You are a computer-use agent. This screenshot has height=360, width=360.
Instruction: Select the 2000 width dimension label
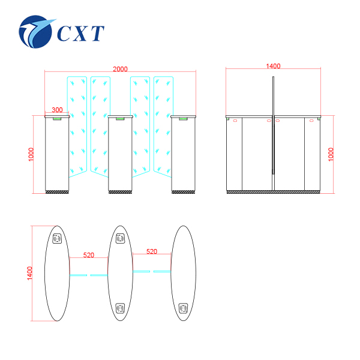[120, 69]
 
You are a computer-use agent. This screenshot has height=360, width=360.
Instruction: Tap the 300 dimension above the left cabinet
[57, 110]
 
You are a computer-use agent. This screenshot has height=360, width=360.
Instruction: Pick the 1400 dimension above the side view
[273, 66]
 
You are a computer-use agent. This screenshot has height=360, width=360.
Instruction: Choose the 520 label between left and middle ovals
[89, 255]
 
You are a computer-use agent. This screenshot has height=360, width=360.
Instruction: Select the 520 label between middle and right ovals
[151, 252]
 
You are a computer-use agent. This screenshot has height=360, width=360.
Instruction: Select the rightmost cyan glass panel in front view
[163, 126]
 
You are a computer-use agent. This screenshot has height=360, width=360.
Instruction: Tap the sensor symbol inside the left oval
[58, 239]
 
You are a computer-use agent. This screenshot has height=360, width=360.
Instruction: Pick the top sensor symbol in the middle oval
[120, 239]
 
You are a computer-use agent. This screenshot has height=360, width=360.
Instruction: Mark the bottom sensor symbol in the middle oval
[120, 308]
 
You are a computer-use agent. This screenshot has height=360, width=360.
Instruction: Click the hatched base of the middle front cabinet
[120, 192]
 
